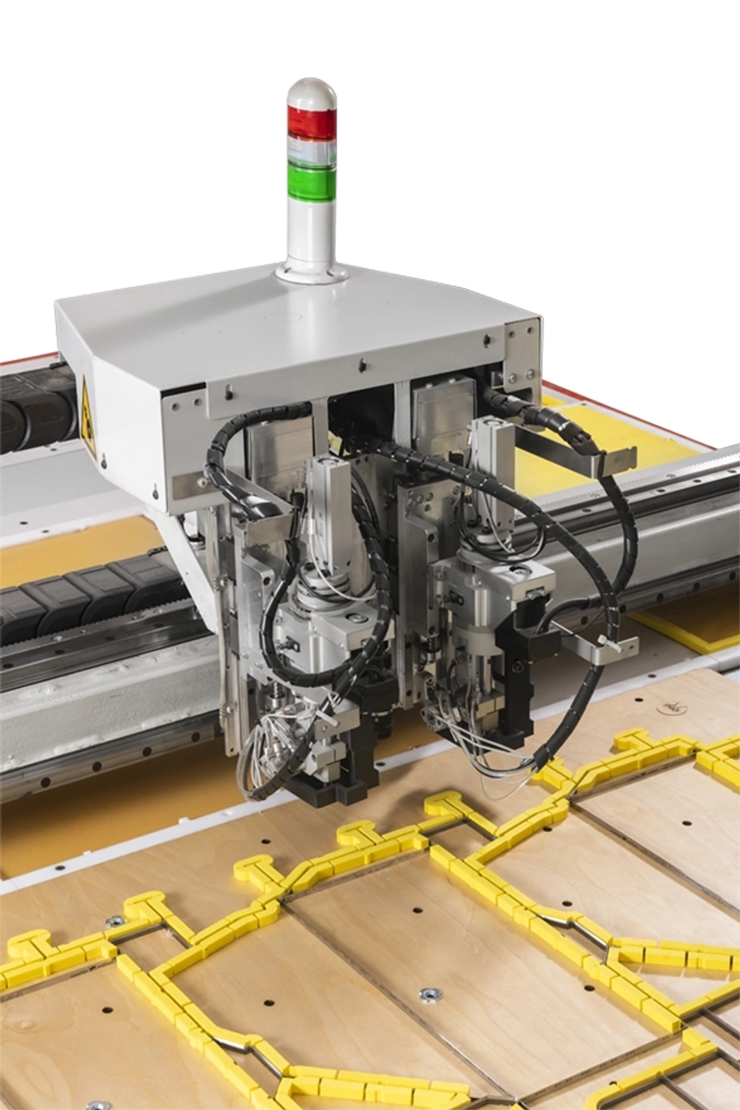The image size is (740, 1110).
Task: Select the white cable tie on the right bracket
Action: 604,642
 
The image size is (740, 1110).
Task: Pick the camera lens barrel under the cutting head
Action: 381,722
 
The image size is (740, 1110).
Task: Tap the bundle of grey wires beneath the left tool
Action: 257,756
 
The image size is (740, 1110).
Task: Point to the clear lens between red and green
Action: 311,149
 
